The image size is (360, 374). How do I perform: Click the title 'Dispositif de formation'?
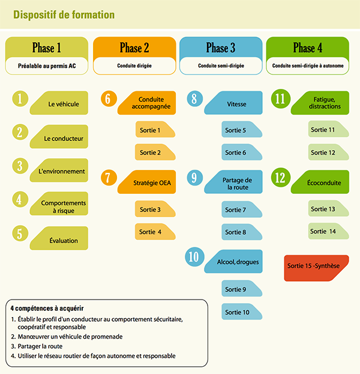coord(64,14)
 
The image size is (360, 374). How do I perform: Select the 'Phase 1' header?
coord(46,47)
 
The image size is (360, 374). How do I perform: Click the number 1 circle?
coord(20,99)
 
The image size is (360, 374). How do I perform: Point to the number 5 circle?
coord(20,233)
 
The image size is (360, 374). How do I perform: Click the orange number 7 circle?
coord(108,177)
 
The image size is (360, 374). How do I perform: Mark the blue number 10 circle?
coord(193,257)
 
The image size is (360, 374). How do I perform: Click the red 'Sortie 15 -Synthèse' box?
coord(316,268)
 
